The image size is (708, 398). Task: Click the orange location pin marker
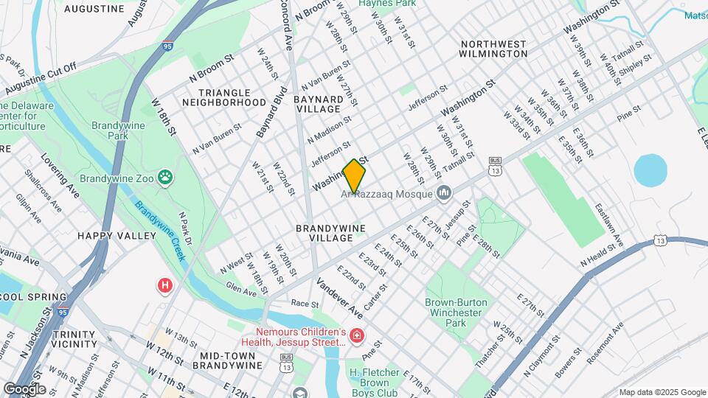(354, 175)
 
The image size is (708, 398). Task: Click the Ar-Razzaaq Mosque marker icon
(444, 194)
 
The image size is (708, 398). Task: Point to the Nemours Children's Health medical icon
(357, 336)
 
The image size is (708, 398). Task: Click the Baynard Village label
(318, 104)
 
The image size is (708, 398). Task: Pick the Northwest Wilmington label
(493, 49)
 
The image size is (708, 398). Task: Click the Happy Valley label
(117, 236)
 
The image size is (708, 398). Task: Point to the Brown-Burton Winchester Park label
(454, 313)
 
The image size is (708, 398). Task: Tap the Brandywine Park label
(111, 130)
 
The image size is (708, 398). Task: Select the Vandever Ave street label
(340, 294)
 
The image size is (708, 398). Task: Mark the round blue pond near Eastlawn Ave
(649, 170)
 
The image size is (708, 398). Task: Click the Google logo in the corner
(24, 388)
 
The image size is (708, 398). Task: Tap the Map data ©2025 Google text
(661, 391)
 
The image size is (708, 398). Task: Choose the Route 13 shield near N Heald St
(661, 240)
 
